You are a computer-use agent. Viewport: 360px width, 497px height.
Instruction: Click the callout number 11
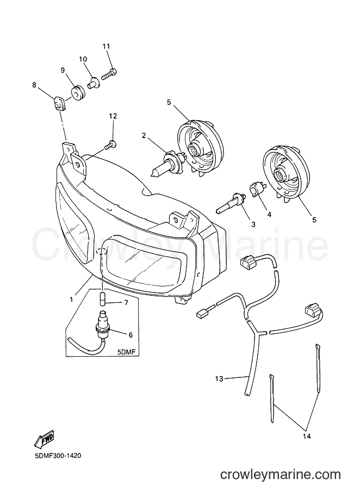point(106,46)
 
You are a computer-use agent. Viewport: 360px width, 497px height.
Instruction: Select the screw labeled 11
point(109,73)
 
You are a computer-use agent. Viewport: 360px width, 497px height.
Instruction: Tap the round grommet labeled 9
point(77,92)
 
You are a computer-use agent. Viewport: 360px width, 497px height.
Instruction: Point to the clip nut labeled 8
point(60,103)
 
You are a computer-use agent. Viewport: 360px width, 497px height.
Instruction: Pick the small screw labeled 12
point(110,145)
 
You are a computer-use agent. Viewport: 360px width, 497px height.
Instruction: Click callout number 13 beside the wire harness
point(219,378)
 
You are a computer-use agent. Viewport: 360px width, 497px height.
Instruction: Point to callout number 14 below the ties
point(307,437)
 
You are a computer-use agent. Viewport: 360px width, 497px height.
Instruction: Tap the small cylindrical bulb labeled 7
point(102,299)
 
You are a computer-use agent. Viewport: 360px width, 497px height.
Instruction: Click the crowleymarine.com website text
point(281,475)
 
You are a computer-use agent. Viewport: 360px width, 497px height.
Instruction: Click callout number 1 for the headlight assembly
point(72,299)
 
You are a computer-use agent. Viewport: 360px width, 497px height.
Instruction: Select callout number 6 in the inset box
point(131,335)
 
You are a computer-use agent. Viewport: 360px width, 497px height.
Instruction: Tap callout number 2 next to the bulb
point(144,135)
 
